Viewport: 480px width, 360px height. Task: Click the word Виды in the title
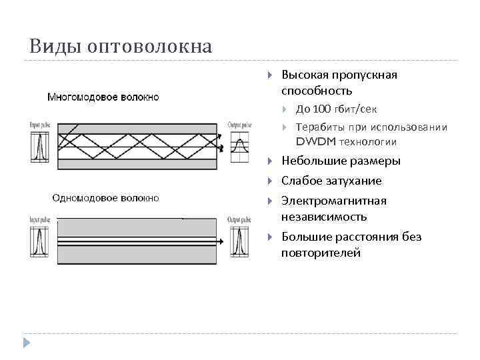coord(49,47)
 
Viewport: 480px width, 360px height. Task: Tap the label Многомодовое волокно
coord(103,97)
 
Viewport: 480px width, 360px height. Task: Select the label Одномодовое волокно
coord(105,197)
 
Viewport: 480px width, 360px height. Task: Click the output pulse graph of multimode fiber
coord(239,145)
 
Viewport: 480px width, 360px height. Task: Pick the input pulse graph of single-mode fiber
coord(38,239)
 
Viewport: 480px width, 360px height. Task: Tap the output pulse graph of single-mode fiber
coord(239,239)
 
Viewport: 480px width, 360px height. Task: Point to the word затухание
coord(354,181)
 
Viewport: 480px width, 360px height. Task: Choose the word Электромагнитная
coord(333,201)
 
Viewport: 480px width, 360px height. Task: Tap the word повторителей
coord(321,253)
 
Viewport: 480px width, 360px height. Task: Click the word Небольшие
coord(309,161)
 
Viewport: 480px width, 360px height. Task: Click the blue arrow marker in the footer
coord(27,343)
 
